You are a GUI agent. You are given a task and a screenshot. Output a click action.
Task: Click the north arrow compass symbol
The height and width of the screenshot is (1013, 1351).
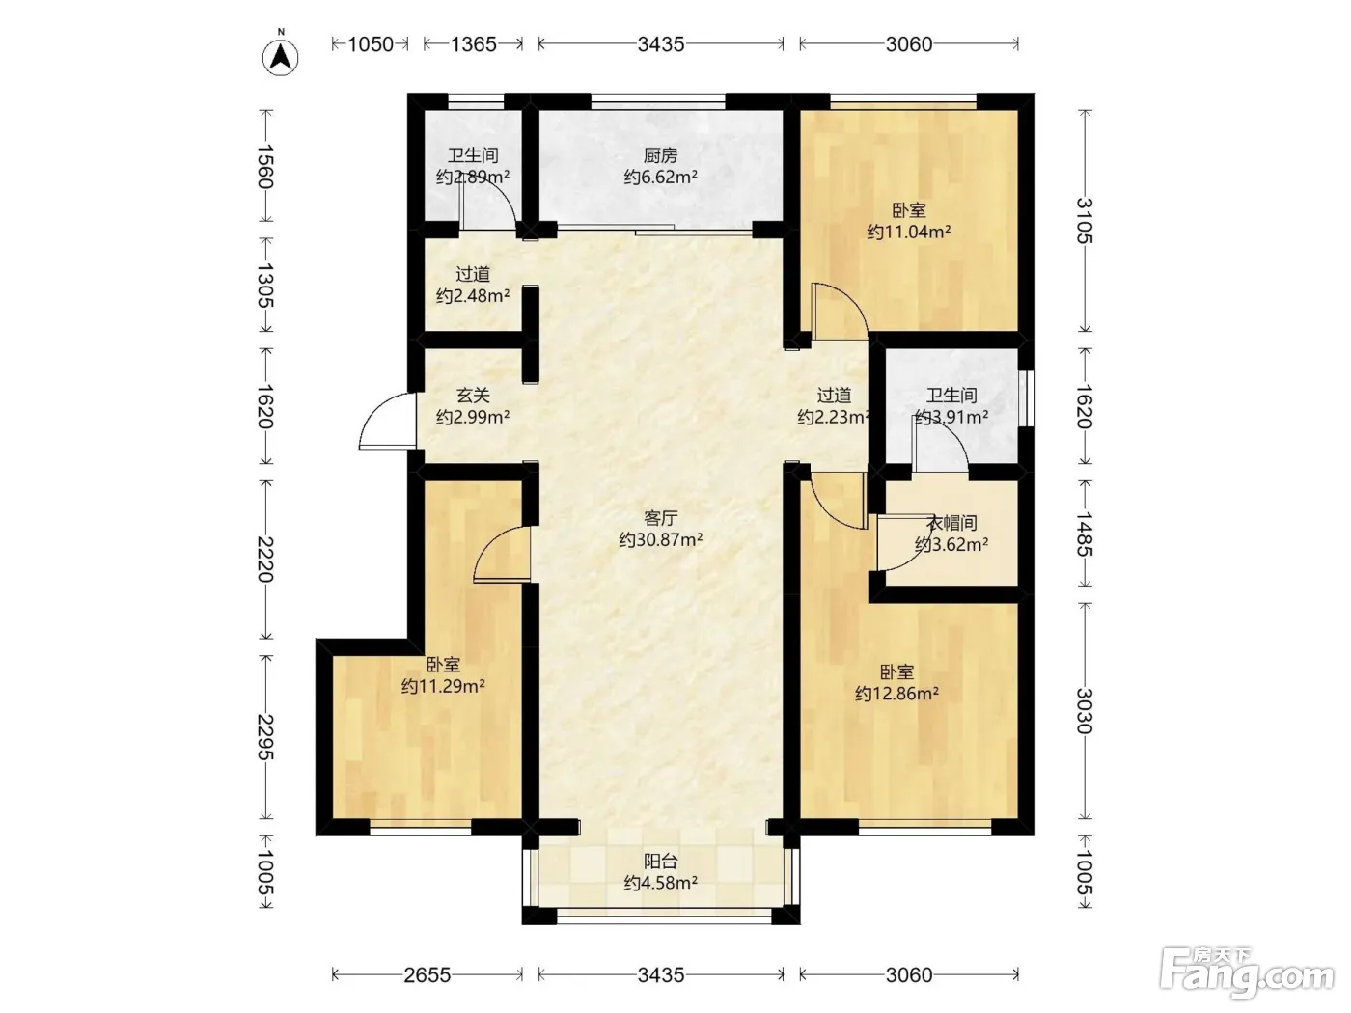(x=280, y=57)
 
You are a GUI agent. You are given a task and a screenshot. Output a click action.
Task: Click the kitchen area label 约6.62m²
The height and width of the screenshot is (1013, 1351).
(x=660, y=178)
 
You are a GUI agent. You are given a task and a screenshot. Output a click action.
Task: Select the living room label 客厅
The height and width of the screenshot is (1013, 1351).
(x=660, y=518)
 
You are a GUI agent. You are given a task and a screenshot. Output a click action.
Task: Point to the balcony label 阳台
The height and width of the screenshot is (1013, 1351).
(x=660, y=862)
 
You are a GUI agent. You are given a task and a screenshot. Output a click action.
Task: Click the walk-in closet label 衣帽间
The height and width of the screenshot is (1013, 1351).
(x=951, y=523)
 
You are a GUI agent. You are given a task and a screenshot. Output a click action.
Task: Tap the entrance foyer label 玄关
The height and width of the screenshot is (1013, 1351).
(x=473, y=395)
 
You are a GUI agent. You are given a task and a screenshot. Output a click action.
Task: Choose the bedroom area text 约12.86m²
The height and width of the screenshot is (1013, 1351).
(x=896, y=693)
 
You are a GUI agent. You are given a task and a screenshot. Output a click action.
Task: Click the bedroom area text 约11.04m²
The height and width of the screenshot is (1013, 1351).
(x=908, y=232)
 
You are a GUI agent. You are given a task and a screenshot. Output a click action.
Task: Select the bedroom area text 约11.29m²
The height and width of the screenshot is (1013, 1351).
(x=443, y=686)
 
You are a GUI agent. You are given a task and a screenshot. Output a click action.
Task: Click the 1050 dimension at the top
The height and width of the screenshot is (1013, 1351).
(x=371, y=44)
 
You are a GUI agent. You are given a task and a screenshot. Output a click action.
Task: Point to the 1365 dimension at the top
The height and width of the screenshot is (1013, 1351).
(x=473, y=44)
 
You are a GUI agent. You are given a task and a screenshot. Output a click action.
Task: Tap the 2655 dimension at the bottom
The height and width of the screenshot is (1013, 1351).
(x=427, y=974)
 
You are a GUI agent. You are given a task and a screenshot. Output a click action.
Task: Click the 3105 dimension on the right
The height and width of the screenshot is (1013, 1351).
(x=1085, y=220)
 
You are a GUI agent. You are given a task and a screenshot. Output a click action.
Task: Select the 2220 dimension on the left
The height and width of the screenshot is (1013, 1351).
(x=265, y=560)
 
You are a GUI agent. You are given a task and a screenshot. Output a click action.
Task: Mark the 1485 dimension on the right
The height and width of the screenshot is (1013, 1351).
(x=1085, y=534)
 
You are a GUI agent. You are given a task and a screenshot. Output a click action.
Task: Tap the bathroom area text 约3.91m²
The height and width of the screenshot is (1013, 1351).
(x=951, y=417)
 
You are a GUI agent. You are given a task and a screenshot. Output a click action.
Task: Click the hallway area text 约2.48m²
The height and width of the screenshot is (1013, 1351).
(x=473, y=296)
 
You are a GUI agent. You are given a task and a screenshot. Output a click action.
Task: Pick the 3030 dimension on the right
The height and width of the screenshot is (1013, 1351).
(x=1085, y=711)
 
